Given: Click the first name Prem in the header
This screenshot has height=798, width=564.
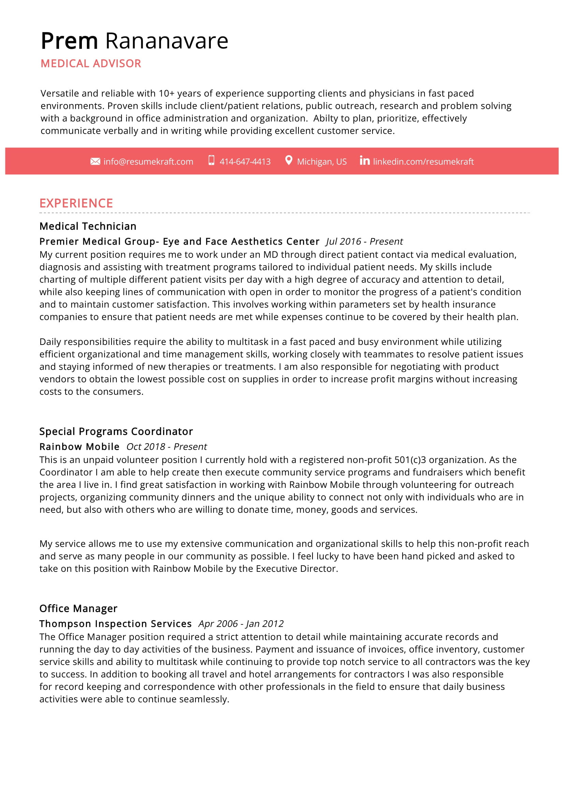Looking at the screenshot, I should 69,41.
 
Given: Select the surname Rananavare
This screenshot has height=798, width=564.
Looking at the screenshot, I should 167,41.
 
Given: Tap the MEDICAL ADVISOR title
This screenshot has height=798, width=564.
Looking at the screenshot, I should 91,63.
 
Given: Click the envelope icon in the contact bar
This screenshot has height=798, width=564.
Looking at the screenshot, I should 95,161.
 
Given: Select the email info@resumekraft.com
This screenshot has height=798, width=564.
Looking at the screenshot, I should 148,162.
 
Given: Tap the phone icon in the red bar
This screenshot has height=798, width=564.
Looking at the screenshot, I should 211,160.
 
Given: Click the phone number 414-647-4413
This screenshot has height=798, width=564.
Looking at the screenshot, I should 245,162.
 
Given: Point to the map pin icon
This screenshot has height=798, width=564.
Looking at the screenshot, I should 288,160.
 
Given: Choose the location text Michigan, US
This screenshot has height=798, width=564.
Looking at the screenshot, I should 322,162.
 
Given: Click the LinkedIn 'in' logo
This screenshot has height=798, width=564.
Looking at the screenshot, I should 364,160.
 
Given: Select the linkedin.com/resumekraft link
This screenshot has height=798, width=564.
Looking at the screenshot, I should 423,162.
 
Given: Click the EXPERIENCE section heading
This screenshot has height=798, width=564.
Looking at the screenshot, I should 76,203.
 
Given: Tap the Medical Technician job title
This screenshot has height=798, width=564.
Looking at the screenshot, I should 88,226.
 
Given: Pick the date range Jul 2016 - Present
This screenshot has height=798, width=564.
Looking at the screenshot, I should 364,242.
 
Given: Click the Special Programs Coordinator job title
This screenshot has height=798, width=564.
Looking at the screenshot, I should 116,431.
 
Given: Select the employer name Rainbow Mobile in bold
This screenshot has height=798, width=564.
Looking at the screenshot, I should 79,447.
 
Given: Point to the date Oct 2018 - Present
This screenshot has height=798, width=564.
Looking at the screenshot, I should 167,447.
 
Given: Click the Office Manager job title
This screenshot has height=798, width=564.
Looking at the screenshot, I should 78,608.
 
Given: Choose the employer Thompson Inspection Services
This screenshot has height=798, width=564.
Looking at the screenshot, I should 115,624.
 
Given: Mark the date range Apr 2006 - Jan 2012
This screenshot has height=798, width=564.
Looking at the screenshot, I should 241,624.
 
